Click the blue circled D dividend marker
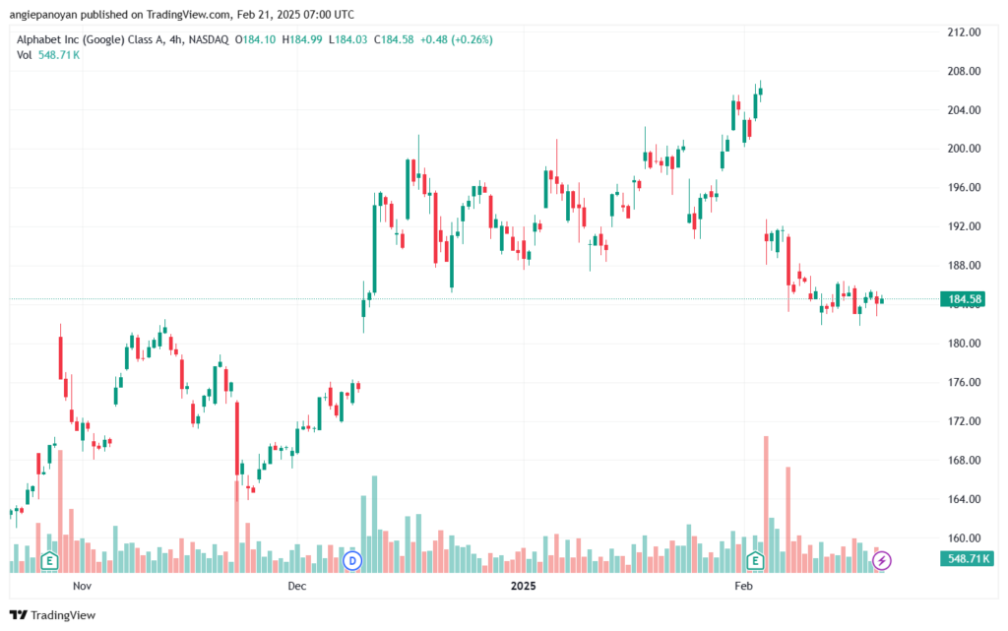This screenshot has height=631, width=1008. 352,561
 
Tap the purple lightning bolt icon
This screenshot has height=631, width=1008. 883,561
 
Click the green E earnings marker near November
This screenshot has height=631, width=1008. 48,561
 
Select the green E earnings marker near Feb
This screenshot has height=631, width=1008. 756,561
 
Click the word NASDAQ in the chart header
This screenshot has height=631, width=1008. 210,39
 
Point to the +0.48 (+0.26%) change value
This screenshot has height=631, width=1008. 458,39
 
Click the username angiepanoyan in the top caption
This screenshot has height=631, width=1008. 48,14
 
